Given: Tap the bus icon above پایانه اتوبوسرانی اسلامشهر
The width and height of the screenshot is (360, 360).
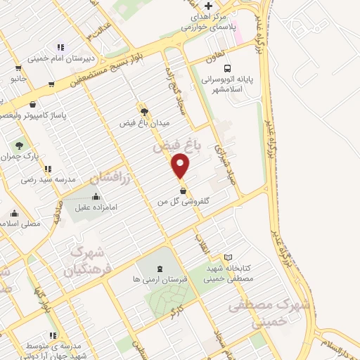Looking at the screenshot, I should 227,68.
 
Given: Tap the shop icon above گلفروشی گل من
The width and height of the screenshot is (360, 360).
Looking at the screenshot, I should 183,190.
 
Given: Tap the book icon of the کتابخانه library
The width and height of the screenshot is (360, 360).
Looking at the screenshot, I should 227,257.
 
